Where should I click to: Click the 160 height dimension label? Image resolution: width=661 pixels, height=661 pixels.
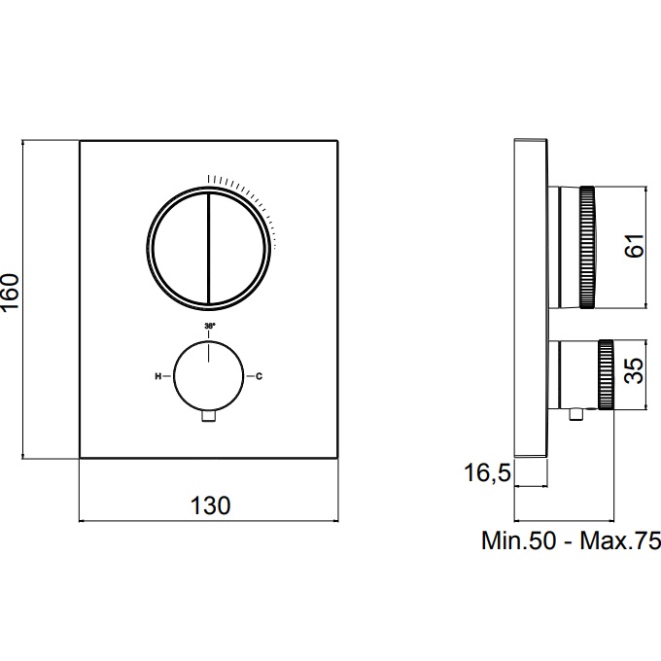click(x=10, y=292)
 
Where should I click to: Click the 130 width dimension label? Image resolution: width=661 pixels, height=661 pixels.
click(x=210, y=505)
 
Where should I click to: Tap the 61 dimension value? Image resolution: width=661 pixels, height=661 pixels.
click(x=635, y=245)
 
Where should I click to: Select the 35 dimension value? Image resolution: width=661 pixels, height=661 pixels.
click(x=635, y=370)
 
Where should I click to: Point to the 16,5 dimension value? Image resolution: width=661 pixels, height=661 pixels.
click(x=487, y=472)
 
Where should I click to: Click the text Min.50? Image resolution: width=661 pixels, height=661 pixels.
click(x=519, y=540)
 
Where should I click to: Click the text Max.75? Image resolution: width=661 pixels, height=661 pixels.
click(x=620, y=540)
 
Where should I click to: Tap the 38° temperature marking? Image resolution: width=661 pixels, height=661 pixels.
click(x=210, y=326)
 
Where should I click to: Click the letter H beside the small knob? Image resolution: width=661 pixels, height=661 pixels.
click(x=158, y=376)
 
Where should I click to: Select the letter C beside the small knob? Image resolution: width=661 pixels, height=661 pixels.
click(x=259, y=376)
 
